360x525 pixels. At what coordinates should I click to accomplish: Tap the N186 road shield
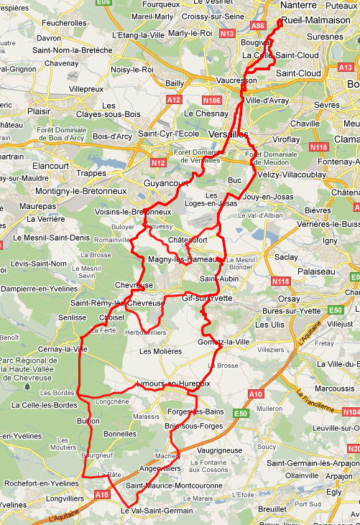(212, 100)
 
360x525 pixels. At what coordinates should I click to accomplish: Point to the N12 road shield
(159, 163)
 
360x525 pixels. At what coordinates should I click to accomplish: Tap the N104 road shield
(351, 412)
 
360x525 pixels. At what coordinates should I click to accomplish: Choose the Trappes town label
(91, 172)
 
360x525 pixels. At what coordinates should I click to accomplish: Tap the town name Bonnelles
(120, 434)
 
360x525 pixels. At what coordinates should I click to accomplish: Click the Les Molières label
(161, 351)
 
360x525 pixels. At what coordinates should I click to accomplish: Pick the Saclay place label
(285, 256)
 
